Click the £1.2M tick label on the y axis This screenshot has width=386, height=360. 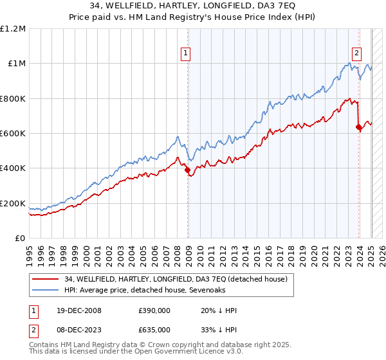pos(13,29)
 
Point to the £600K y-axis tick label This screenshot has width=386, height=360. pos(13,134)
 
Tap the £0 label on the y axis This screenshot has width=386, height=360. pos(20,239)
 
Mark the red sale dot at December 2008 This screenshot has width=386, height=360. pos(188,170)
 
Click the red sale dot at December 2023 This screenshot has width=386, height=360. pos(358,127)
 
